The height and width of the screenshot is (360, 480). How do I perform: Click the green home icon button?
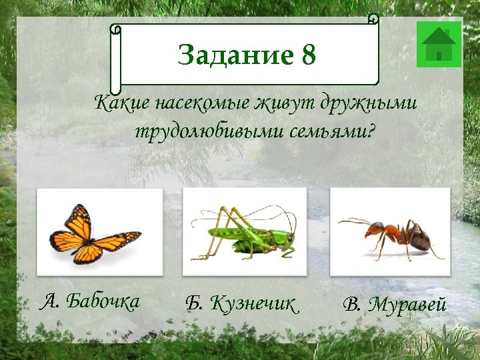[439, 44]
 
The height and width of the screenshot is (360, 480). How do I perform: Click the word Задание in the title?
[235, 55]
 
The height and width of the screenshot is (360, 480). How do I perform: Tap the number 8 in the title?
[308, 55]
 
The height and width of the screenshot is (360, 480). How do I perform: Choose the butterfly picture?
[99, 232]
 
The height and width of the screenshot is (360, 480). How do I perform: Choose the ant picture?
[390, 232]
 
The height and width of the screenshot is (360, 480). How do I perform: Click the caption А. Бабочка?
[90, 302]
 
